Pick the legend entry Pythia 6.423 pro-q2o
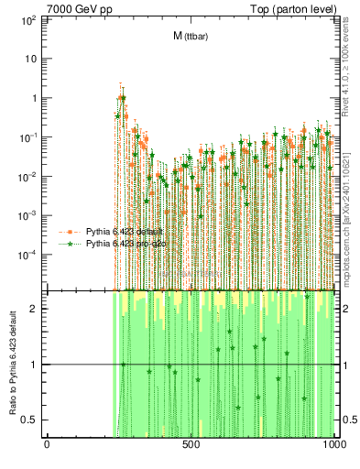pyautogui.click(x=125, y=244)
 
